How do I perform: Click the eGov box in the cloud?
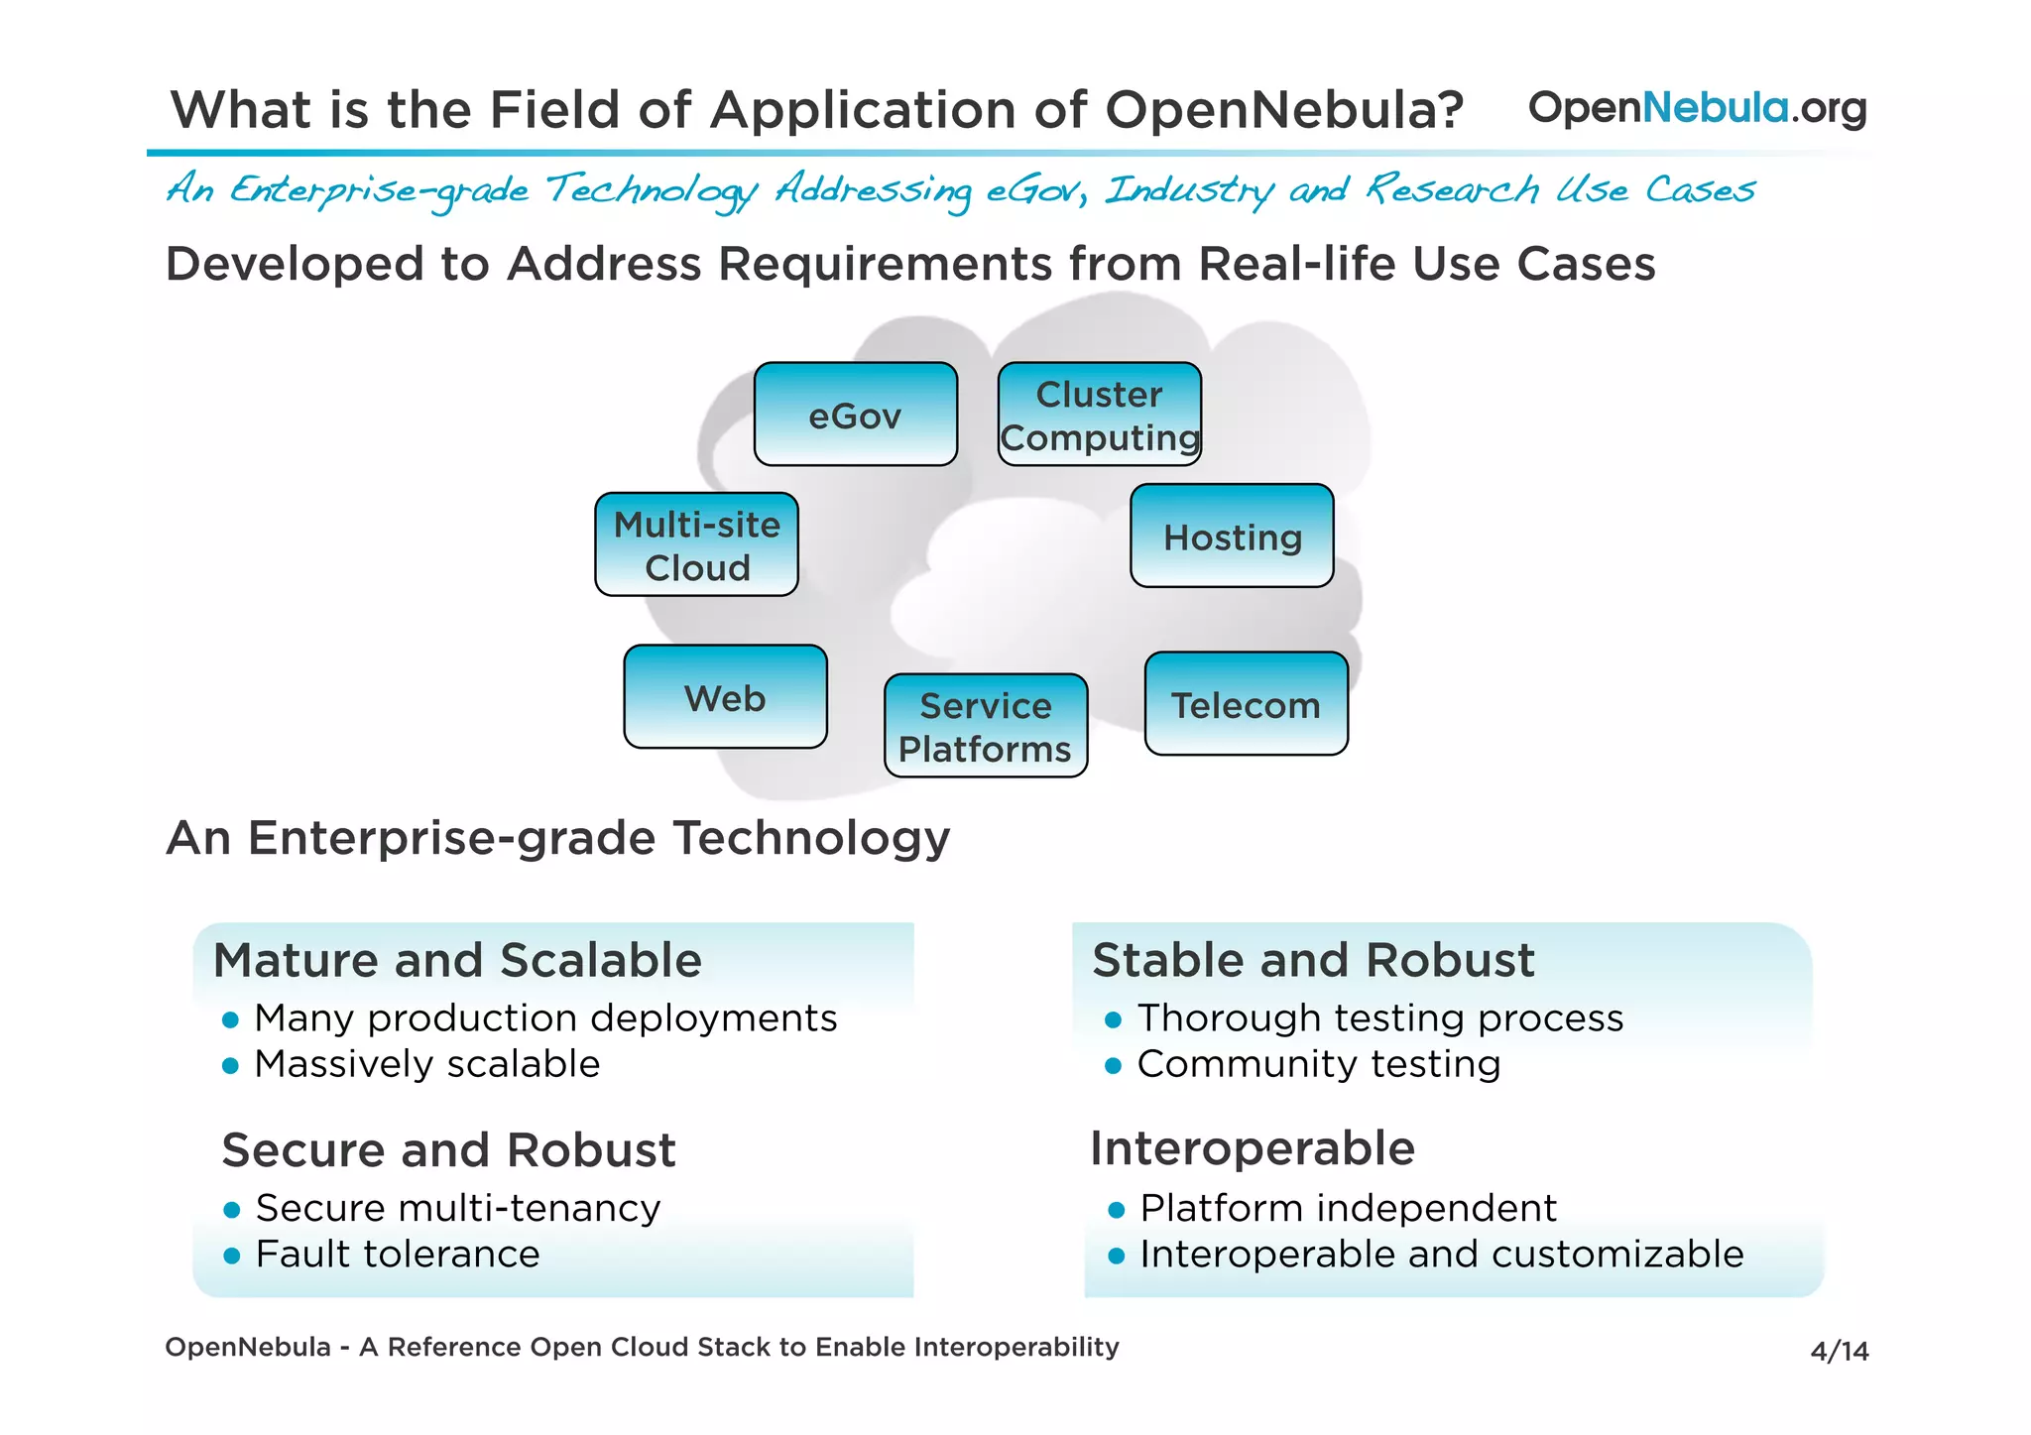[x=855, y=415]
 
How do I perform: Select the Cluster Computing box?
[x=1099, y=415]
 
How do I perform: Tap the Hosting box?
[x=1232, y=537]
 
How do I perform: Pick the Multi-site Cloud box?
[x=696, y=544]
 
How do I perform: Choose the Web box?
[x=725, y=697]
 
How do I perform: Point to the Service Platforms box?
[x=986, y=726]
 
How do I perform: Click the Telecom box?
[x=1246, y=704]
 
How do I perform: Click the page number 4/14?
[x=1839, y=1351]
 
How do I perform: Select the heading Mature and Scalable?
[x=457, y=960]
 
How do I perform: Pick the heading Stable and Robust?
[x=1313, y=960]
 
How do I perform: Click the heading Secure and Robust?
[x=448, y=1150]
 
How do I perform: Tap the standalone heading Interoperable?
[x=1252, y=1148]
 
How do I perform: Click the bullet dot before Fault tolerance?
[x=232, y=1256]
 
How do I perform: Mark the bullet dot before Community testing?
[x=1113, y=1066]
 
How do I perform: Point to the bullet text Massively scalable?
[x=427, y=1064]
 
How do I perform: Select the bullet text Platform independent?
[x=1348, y=1208]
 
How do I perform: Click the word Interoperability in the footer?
[x=1016, y=1347]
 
